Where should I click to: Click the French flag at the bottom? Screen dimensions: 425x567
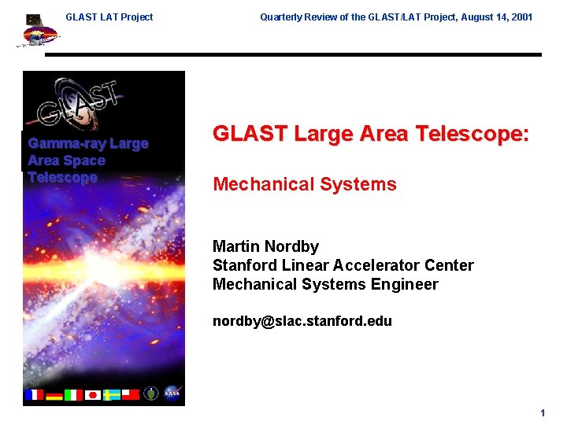(35, 394)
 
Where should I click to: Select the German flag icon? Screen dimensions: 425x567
(54, 394)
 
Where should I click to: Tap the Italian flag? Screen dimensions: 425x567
(73, 394)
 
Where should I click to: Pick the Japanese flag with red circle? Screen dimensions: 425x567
(92, 394)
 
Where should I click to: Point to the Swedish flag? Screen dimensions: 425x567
(112, 394)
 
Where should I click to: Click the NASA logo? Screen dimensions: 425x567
(172, 393)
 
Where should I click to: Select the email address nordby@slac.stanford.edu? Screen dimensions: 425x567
(302, 321)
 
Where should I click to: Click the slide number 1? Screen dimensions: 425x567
(543, 413)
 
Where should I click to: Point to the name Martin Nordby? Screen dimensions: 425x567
(265, 247)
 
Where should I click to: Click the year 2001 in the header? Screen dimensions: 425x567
(521, 17)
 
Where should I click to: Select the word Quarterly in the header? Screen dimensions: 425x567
(281, 17)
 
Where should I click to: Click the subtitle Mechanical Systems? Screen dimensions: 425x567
(305, 184)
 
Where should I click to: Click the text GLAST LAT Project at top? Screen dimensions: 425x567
(109, 17)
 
